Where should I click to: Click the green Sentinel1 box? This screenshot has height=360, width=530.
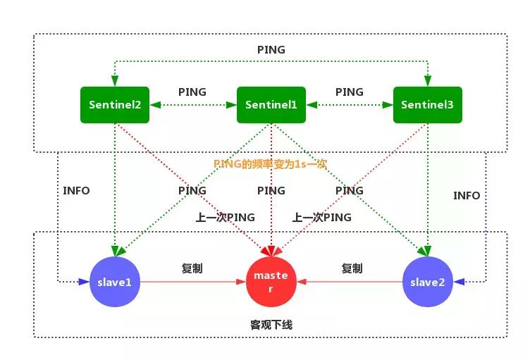[x=271, y=105]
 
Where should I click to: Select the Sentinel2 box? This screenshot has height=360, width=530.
[x=115, y=105]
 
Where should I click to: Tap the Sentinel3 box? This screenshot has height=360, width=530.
[x=427, y=105]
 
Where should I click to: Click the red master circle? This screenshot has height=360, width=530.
[x=271, y=281]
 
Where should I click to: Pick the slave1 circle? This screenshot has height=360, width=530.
[x=115, y=282]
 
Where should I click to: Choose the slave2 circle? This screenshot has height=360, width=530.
[x=427, y=282]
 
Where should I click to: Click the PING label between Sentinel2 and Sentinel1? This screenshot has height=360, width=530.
[x=192, y=92]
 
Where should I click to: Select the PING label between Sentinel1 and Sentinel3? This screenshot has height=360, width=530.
[x=350, y=92]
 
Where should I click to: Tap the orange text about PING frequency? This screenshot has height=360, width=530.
[x=270, y=163]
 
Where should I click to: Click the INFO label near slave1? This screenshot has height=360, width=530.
[x=76, y=190]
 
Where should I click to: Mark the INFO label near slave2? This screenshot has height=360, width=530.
[x=467, y=195]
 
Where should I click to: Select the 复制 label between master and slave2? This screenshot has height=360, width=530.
[x=352, y=268]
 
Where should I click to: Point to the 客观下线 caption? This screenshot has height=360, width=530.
[x=271, y=325]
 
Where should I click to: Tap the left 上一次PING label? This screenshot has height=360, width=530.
[x=225, y=218]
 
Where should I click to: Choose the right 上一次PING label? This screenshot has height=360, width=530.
[x=321, y=218]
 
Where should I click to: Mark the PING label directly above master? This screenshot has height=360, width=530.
[x=271, y=191]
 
